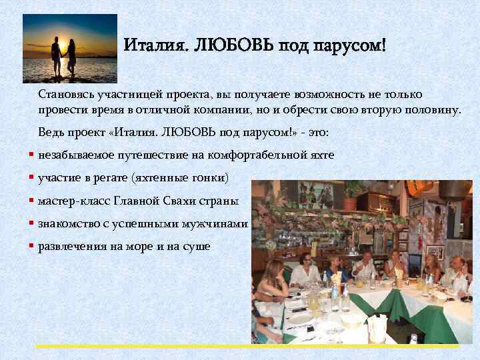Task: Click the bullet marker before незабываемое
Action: pyautogui.click(x=31, y=155)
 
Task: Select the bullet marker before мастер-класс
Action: pyautogui.click(x=31, y=200)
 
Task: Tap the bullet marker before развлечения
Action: pyautogui.click(x=31, y=246)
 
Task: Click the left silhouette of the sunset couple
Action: pyautogui.click(x=57, y=57)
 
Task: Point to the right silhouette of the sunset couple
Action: pyautogui.click(x=71, y=56)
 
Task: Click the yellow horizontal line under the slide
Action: pyautogui.click(x=247, y=347)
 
